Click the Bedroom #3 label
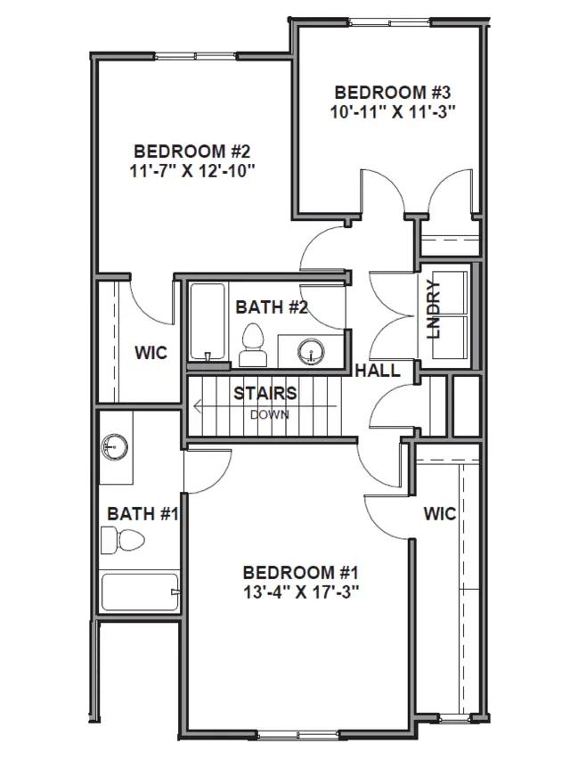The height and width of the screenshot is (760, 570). (393, 92)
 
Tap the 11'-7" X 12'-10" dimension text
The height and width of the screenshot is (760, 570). (192, 171)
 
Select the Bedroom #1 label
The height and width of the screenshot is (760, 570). (300, 572)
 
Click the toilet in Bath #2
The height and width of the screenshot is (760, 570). (253, 345)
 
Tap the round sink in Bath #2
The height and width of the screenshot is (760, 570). (311, 350)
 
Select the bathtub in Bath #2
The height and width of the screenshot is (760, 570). (208, 322)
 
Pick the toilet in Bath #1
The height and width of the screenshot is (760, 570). (123, 541)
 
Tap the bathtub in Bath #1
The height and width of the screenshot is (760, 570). (140, 592)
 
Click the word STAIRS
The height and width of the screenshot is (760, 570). (265, 393)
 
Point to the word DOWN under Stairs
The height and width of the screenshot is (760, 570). (270, 415)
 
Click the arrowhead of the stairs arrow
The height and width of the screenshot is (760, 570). (198, 406)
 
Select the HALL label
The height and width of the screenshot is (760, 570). (378, 371)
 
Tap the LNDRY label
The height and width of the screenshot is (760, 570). (433, 309)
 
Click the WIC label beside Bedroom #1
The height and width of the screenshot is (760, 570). (440, 514)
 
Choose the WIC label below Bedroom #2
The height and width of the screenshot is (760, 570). (151, 352)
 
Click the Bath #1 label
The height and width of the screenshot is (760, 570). (143, 514)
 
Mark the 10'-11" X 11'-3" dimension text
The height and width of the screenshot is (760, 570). (393, 112)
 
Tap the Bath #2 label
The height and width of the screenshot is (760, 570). (272, 307)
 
